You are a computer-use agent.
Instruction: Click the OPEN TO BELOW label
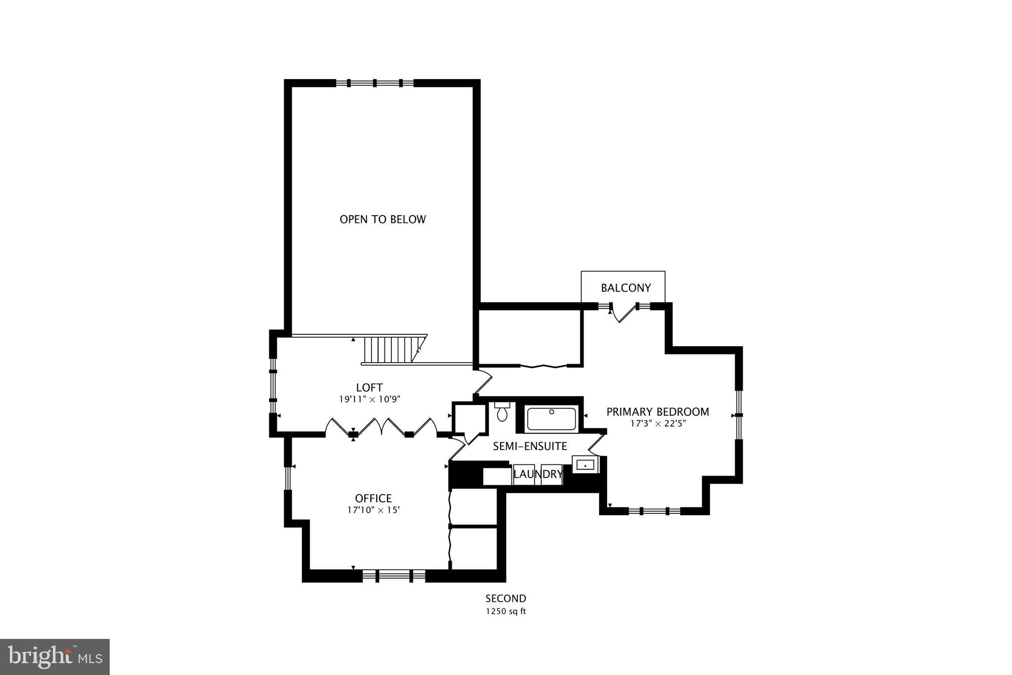coord(382,220)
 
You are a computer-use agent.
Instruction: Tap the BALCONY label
coord(626,288)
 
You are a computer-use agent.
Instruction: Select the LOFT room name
coord(369,388)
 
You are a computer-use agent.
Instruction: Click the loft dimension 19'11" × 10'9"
coord(369,400)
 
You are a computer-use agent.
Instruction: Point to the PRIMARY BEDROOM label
coord(657,412)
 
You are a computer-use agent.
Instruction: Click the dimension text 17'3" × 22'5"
coord(658,424)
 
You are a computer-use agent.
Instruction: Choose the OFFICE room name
coord(373,498)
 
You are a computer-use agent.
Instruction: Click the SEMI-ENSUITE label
coord(530,447)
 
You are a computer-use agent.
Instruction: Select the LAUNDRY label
coord(538,475)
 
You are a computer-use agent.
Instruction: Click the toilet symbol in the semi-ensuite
coord(502,412)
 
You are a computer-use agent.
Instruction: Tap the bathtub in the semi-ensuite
coord(551,419)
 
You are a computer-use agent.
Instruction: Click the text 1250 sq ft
coord(506,611)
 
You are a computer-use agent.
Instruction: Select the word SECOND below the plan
coord(506,599)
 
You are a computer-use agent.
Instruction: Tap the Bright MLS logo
coord(55,657)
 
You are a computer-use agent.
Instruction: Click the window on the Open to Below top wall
coord(375,83)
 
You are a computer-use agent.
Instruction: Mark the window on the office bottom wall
coord(394,575)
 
